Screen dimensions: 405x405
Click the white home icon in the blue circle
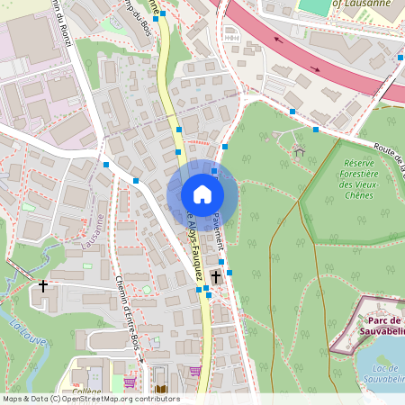[x=202, y=194]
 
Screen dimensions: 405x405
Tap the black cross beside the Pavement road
[x=216, y=277]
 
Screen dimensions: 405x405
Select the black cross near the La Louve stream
[x=43, y=286]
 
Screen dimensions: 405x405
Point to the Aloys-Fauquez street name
[x=193, y=247]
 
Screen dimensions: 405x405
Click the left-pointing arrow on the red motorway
[x=275, y=40]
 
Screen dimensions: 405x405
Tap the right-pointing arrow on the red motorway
[x=315, y=67]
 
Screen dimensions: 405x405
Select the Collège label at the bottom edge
[x=87, y=391]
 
